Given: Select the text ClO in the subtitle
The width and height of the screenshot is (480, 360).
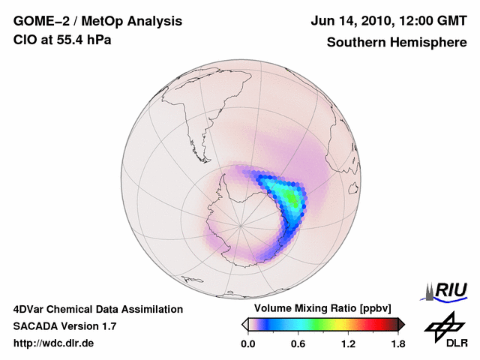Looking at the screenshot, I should coord(25,40).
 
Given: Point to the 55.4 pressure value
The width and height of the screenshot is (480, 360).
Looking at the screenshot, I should coord(70,40).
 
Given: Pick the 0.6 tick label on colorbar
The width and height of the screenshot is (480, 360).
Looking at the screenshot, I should coord(297,344).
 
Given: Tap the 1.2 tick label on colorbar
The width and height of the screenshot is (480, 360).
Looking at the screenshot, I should coord(347,344).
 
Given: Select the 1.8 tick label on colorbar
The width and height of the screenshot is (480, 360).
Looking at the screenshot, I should coord(397,344).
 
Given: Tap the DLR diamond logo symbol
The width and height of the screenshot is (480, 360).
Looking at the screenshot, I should coord(442,325).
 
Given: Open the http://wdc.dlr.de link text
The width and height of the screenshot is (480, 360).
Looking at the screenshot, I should coord(54,343).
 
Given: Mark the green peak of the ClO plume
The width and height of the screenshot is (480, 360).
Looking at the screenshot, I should coord(292,196).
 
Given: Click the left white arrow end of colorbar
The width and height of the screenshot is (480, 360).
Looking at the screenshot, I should coord(244,324).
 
